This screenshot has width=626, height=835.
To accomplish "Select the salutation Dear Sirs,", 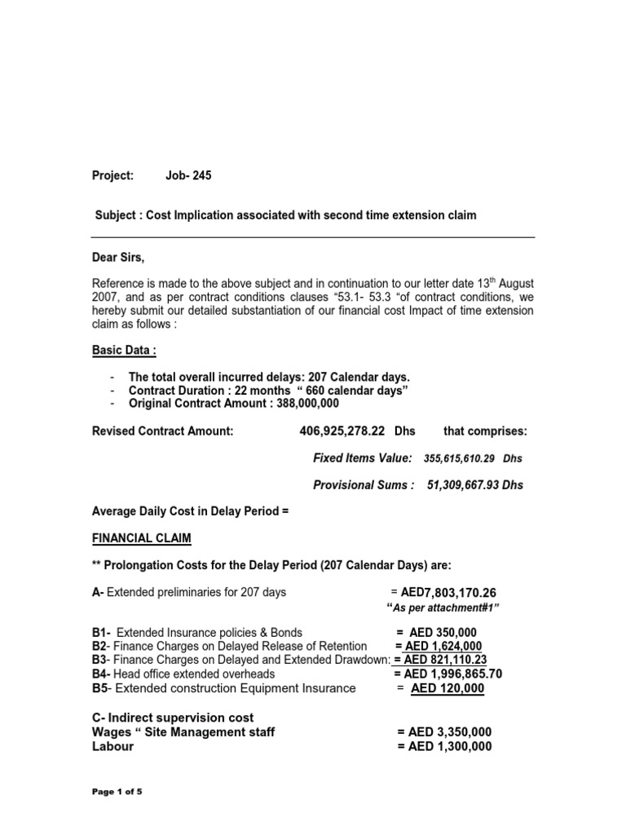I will point(121,257).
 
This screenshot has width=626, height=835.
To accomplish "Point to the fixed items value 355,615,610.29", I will point(461,458).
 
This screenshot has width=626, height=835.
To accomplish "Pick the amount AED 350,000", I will point(444,633).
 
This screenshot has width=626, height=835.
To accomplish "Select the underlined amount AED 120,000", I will point(447,688).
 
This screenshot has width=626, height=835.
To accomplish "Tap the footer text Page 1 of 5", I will point(117,792).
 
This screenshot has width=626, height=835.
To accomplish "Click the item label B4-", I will point(102,674).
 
